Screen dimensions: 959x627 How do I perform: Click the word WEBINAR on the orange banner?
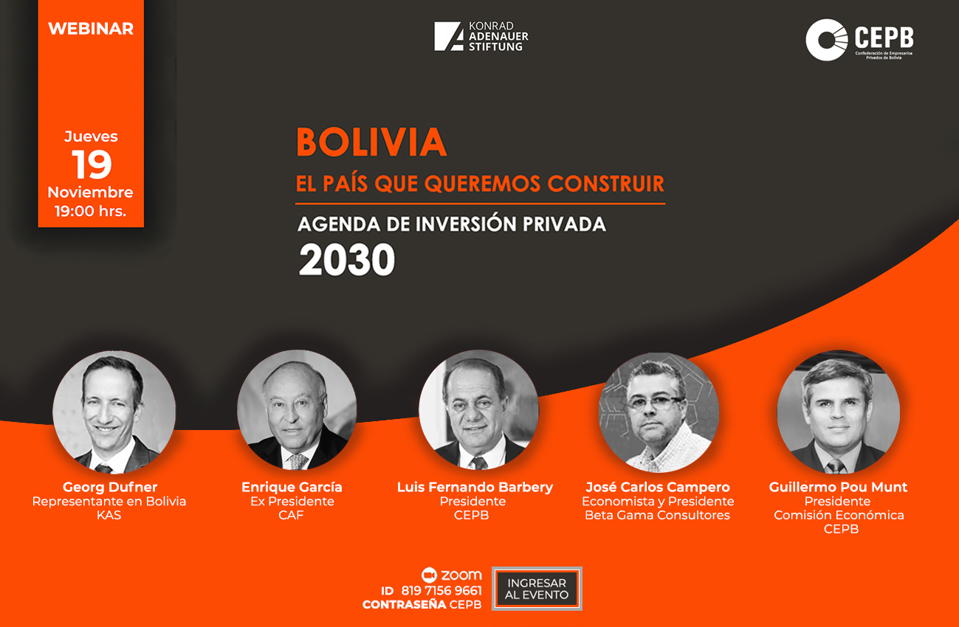pyautogui.click(x=91, y=29)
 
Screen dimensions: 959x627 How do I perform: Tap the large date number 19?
pyautogui.click(x=92, y=164)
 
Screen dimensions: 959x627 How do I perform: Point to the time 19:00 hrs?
pyautogui.click(x=90, y=211)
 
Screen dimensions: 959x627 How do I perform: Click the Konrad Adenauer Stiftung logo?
pyautogui.click(x=481, y=36)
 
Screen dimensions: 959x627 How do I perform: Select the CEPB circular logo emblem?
pyautogui.click(x=826, y=39)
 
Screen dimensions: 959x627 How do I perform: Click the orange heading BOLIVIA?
pyautogui.click(x=371, y=142)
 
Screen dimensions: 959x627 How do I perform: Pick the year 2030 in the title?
pyautogui.click(x=347, y=259)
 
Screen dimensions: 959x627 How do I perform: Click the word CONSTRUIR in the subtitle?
pyautogui.click(x=606, y=184)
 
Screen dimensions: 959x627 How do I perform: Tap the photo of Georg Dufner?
pyautogui.click(x=114, y=412)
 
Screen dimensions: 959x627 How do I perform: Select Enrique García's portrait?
pyautogui.click(x=297, y=410)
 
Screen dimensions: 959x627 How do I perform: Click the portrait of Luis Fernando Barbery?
pyautogui.click(x=478, y=409)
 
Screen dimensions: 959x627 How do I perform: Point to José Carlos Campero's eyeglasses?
pyautogui.click(x=654, y=402)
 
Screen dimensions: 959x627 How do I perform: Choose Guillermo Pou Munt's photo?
pyautogui.click(x=838, y=412)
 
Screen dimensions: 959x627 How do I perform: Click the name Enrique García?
pyautogui.click(x=292, y=487)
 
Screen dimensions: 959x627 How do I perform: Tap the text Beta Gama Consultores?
pyautogui.click(x=658, y=515)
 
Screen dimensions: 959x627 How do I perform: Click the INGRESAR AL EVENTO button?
pyautogui.click(x=537, y=589)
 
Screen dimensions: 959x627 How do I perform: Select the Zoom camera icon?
pyautogui.click(x=429, y=575)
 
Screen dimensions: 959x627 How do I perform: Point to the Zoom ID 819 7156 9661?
pyautogui.click(x=441, y=591)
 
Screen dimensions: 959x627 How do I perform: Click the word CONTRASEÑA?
pyautogui.click(x=404, y=604)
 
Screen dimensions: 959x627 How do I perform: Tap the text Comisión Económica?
pyautogui.click(x=839, y=515)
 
